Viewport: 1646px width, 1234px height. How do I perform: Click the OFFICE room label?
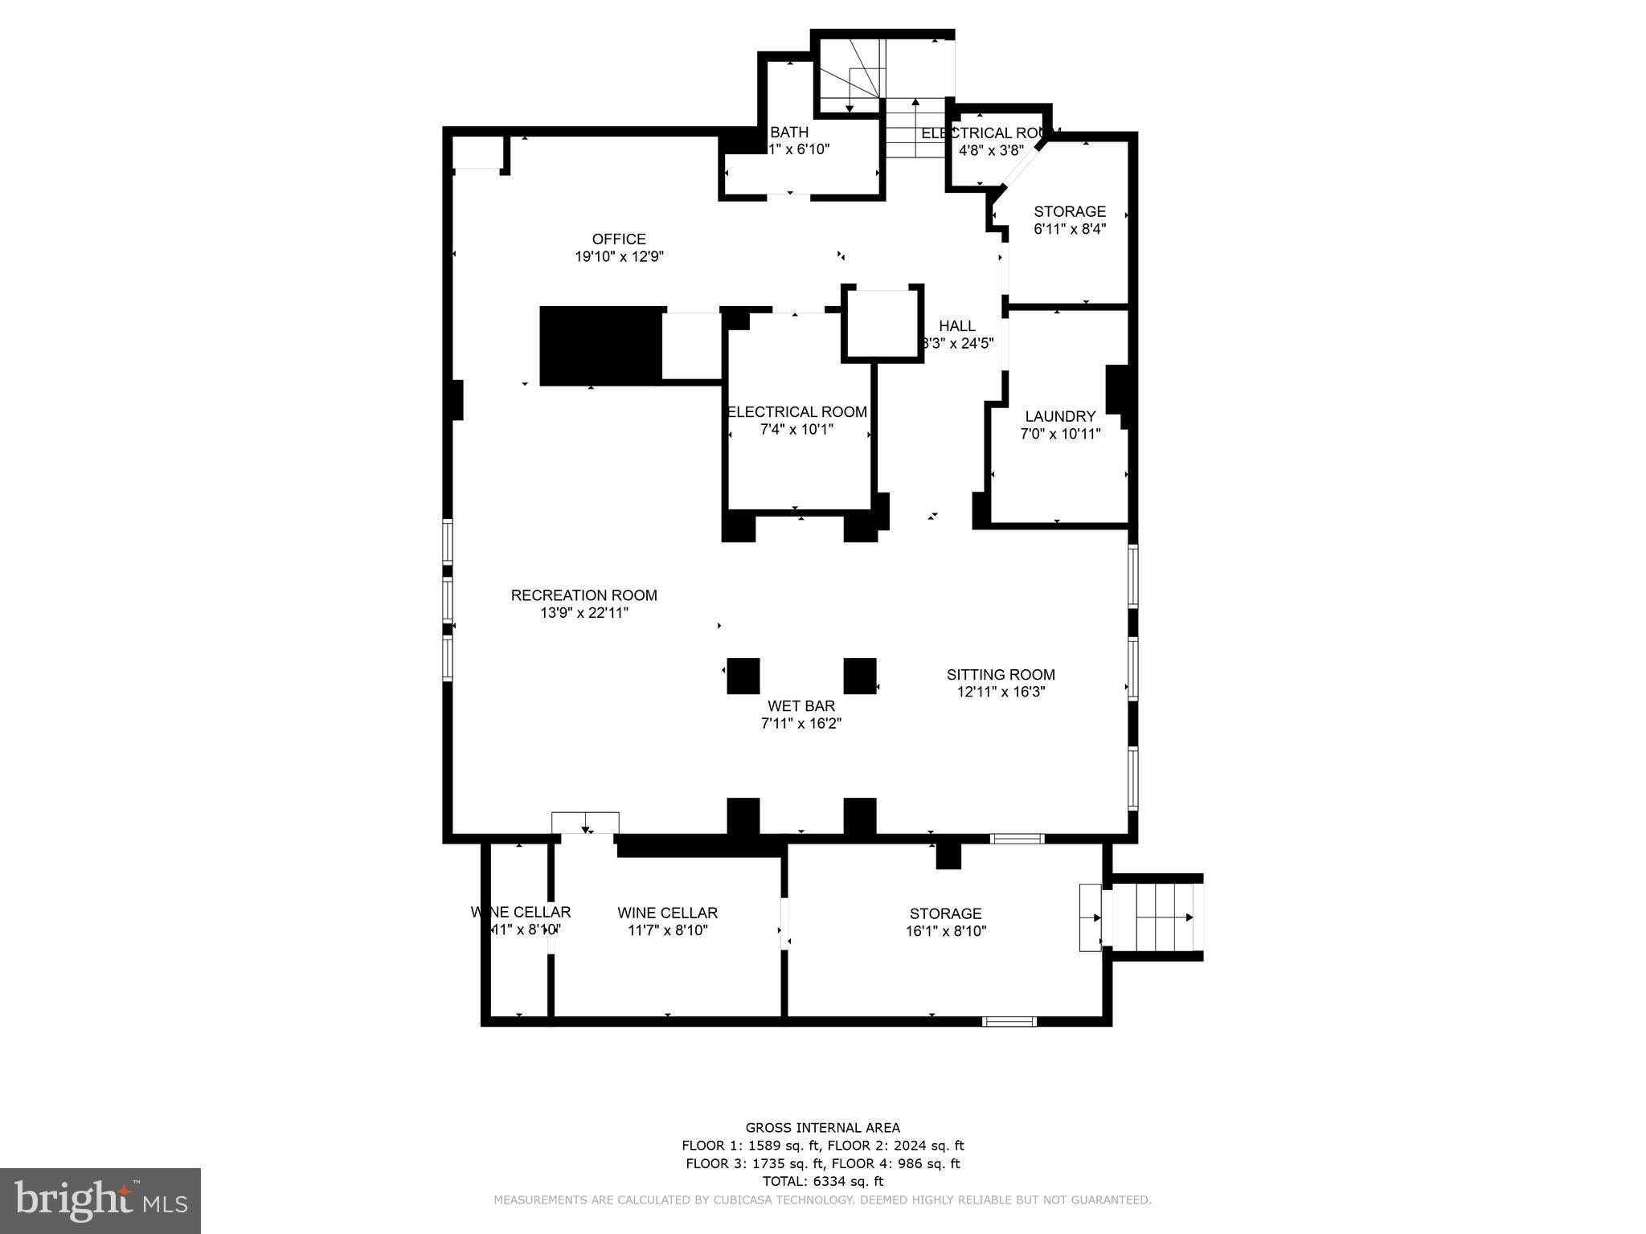(x=619, y=239)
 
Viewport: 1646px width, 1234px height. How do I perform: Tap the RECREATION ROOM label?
(x=583, y=595)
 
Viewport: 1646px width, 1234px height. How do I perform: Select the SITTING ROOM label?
(x=1000, y=675)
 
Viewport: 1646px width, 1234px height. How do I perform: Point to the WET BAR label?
(x=800, y=706)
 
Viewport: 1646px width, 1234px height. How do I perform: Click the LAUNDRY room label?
(x=1059, y=416)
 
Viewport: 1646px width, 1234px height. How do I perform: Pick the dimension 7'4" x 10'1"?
(x=796, y=430)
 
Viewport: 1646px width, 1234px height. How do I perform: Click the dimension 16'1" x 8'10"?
(x=945, y=931)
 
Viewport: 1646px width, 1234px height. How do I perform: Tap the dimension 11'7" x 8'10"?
(x=667, y=930)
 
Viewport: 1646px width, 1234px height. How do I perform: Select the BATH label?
(x=788, y=133)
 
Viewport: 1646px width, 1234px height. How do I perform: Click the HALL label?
(x=956, y=325)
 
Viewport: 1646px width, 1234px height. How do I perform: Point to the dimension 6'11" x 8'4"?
(x=1069, y=229)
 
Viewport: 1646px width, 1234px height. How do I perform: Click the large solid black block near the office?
(x=600, y=346)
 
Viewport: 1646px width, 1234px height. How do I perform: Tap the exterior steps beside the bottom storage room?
(x=1154, y=917)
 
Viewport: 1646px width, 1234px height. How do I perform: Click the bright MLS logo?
(x=100, y=1200)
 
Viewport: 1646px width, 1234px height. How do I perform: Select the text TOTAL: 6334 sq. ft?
(x=822, y=1181)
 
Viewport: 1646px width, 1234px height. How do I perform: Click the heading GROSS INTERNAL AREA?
(x=822, y=1128)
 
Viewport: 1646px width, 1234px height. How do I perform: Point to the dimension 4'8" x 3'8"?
(x=990, y=150)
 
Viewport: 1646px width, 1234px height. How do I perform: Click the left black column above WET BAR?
(x=743, y=676)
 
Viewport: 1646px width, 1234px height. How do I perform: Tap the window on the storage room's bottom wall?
(x=1009, y=1022)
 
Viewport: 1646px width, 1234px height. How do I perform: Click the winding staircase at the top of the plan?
(x=852, y=77)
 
